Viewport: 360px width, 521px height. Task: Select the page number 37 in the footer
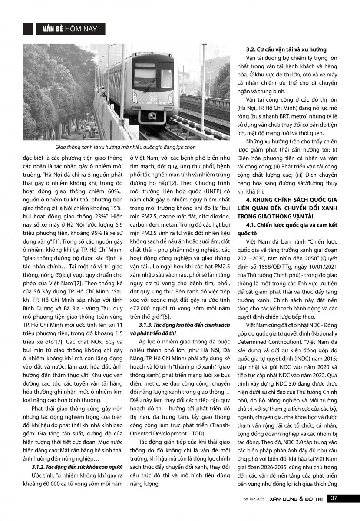pyautogui.click(x=334, y=498)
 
